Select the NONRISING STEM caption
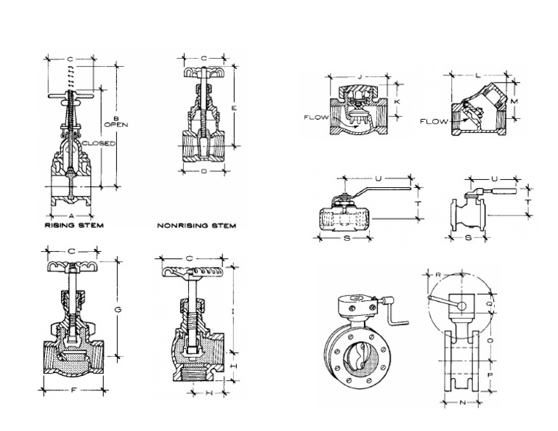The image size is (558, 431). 197,226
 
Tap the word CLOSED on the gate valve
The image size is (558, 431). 99,143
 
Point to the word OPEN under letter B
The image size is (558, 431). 116,124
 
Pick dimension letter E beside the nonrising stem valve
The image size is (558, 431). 234,107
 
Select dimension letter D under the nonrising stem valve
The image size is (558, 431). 203,171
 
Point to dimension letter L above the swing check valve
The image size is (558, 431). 477,75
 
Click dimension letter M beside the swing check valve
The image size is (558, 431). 514,102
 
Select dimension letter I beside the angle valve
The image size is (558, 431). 232,310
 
